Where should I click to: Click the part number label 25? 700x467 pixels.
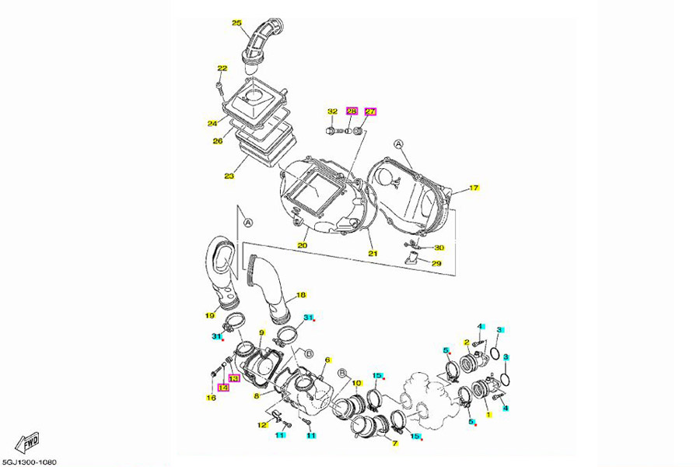[x=237, y=23]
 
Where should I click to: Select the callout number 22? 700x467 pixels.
[x=222, y=69]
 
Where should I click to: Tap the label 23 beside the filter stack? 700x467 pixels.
[x=229, y=176]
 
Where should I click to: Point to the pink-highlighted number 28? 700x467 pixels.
[x=351, y=112]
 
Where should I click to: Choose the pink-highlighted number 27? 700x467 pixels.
[x=370, y=112]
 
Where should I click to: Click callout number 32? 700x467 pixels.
[x=332, y=112]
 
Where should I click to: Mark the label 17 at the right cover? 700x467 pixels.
[x=474, y=188]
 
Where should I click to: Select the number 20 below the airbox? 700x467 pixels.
[x=302, y=245]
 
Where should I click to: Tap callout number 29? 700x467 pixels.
[x=437, y=264]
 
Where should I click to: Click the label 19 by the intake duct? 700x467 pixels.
[x=209, y=315]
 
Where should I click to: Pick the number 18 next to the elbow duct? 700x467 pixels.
[x=301, y=295]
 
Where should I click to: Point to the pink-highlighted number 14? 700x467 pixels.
[x=223, y=387]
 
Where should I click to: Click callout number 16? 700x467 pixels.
[x=211, y=398]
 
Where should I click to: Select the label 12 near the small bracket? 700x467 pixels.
[x=261, y=426]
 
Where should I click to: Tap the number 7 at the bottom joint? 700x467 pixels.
[x=394, y=444]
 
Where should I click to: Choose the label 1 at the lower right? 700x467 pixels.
[x=488, y=415]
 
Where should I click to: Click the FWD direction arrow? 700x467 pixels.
[x=27, y=444]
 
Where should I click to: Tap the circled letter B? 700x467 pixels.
[x=309, y=354]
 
